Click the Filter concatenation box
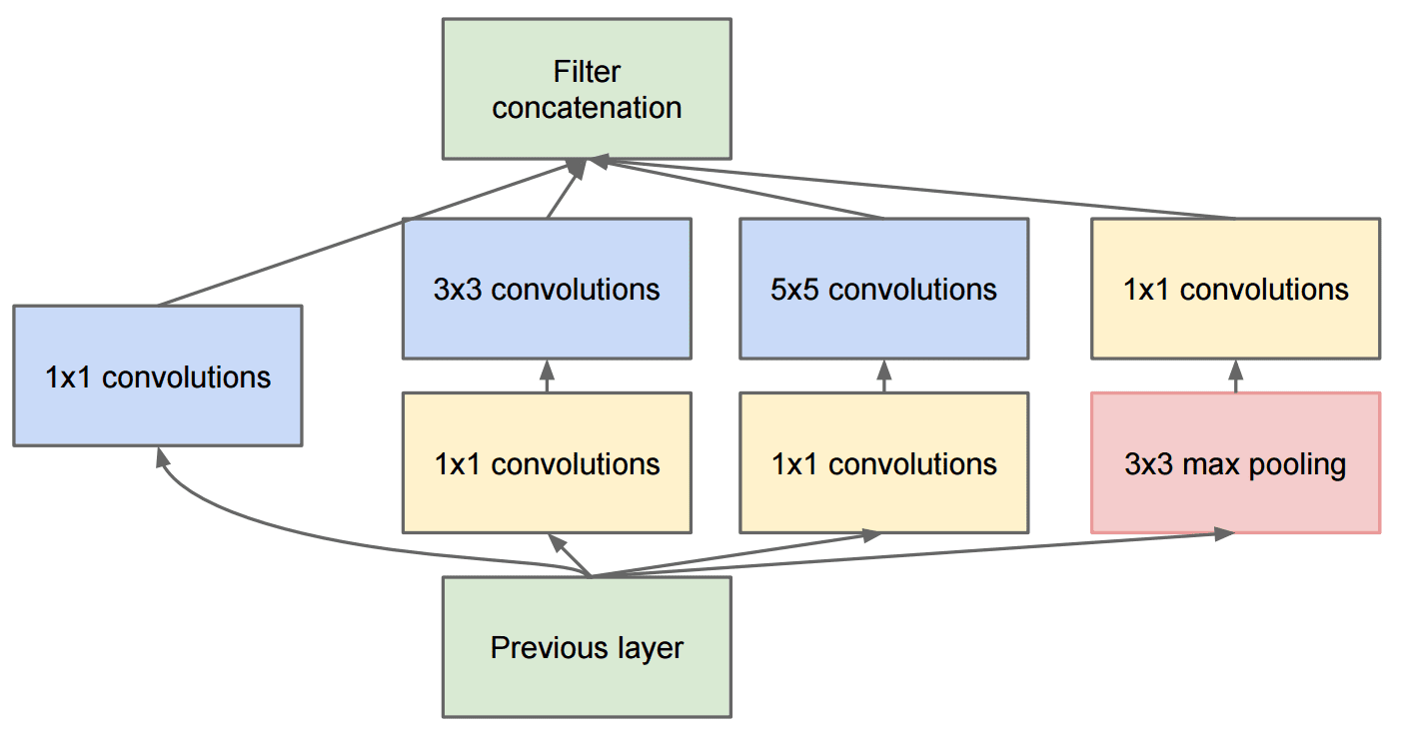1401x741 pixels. pyautogui.click(x=587, y=89)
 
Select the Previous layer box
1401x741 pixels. pyautogui.click(x=587, y=647)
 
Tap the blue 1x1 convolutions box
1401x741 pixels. pyautogui.click(x=157, y=375)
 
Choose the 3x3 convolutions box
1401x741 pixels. pyautogui.click(x=547, y=289)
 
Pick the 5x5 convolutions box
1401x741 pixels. pyautogui.click(x=884, y=289)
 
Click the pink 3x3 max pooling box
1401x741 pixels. pyautogui.click(x=1235, y=463)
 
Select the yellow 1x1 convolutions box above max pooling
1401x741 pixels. pyautogui.click(x=1235, y=289)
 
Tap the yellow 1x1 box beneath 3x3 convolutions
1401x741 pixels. pyautogui.click(x=547, y=463)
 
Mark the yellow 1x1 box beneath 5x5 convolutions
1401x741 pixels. pyautogui.click(x=884, y=463)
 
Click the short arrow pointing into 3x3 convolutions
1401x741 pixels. pyautogui.click(x=547, y=375)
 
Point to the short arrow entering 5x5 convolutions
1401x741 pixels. pyautogui.click(x=883, y=375)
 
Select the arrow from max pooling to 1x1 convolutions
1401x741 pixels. pyautogui.click(x=1235, y=375)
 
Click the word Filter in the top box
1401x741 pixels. pyautogui.click(x=587, y=72)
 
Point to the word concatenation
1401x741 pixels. pyautogui.click(x=587, y=107)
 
